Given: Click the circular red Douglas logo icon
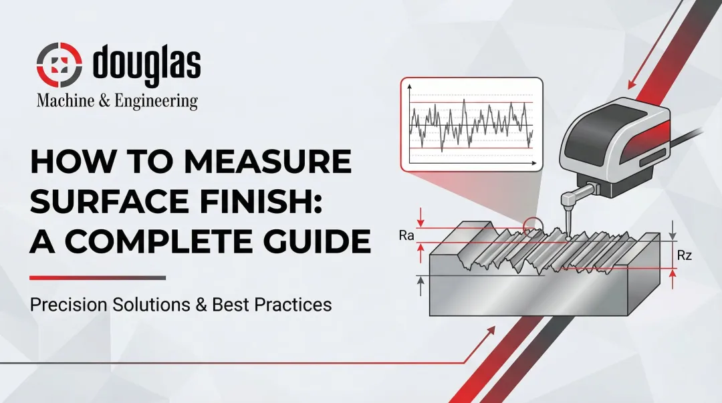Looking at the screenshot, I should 58,66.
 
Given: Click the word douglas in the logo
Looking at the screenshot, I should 146,65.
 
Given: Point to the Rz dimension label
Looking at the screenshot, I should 684,256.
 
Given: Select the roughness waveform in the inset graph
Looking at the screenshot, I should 472,123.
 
